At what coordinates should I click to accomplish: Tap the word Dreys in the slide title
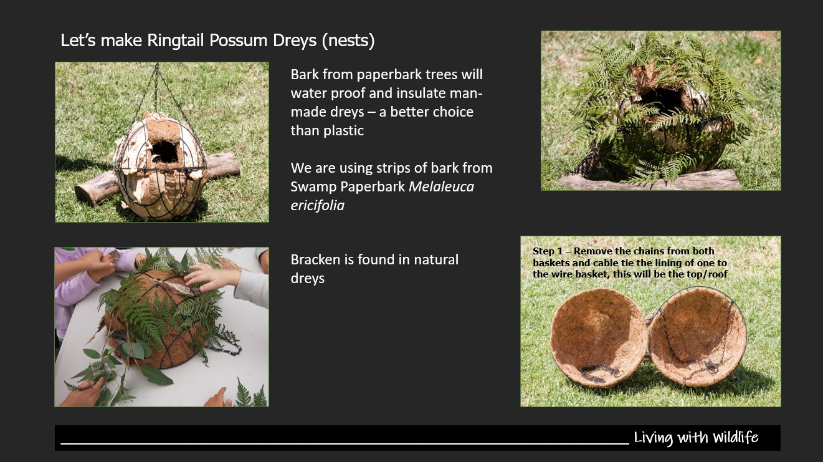[294, 41]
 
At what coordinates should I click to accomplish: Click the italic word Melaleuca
[441, 186]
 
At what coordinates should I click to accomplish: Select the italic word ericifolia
[318, 206]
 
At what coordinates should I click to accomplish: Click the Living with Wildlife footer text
[696, 438]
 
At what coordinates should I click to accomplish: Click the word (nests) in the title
[348, 41]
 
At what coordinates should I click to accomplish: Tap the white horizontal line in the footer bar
[345, 444]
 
